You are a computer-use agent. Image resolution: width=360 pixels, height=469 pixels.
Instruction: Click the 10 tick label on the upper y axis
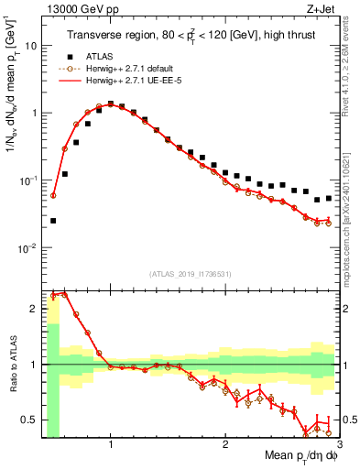tap(31, 45)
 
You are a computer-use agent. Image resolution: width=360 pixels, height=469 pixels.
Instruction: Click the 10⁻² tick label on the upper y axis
tap(28, 248)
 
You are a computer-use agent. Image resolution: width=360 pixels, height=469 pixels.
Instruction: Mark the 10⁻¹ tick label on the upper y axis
tap(28, 180)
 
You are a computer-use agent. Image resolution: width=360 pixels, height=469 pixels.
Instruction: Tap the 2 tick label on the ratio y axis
tap(35, 309)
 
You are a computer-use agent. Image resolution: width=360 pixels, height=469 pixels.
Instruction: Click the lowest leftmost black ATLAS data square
tap(53, 221)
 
